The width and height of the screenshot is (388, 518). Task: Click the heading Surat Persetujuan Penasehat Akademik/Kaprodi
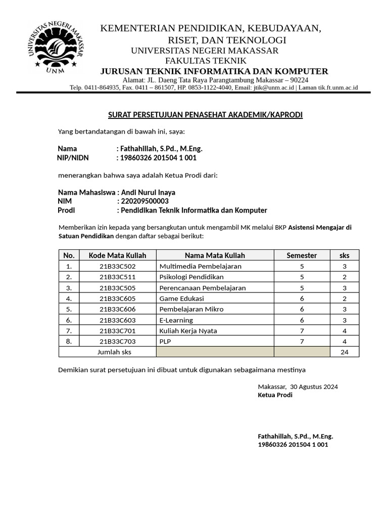pyautogui.click(x=205, y=115)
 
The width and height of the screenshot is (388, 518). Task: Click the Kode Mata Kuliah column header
pyautogui.click(x=117, y=255)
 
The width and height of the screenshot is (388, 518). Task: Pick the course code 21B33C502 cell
pyautogui.click(x=117, y=266)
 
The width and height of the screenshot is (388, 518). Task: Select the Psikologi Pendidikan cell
pyautogui.click(x=191, y=277)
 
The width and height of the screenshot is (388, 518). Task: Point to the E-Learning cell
pyautogui.click(x=176, y=320)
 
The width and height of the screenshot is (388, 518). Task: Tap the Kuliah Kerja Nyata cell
pyautogui.click(x=188, y=331)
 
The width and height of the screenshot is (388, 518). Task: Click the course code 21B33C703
pyautogui.click(x=117, y=341)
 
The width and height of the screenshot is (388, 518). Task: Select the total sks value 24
pyautogui.click(x=345, y=352)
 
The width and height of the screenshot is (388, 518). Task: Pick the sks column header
pyautogui.click(x=345, y=255)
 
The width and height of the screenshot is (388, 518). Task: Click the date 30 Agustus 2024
pyautogui.click(x=314, y=386)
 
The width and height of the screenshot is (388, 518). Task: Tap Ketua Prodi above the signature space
pyautogui.click(x=275, y=395)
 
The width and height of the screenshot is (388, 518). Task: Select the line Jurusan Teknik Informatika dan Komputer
pyautogui.click(x=214, y=71)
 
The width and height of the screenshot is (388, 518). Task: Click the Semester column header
pyautogui.click(x=302, y=255)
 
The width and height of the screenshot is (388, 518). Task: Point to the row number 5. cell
pyautogui.click(x=69, y=309)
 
